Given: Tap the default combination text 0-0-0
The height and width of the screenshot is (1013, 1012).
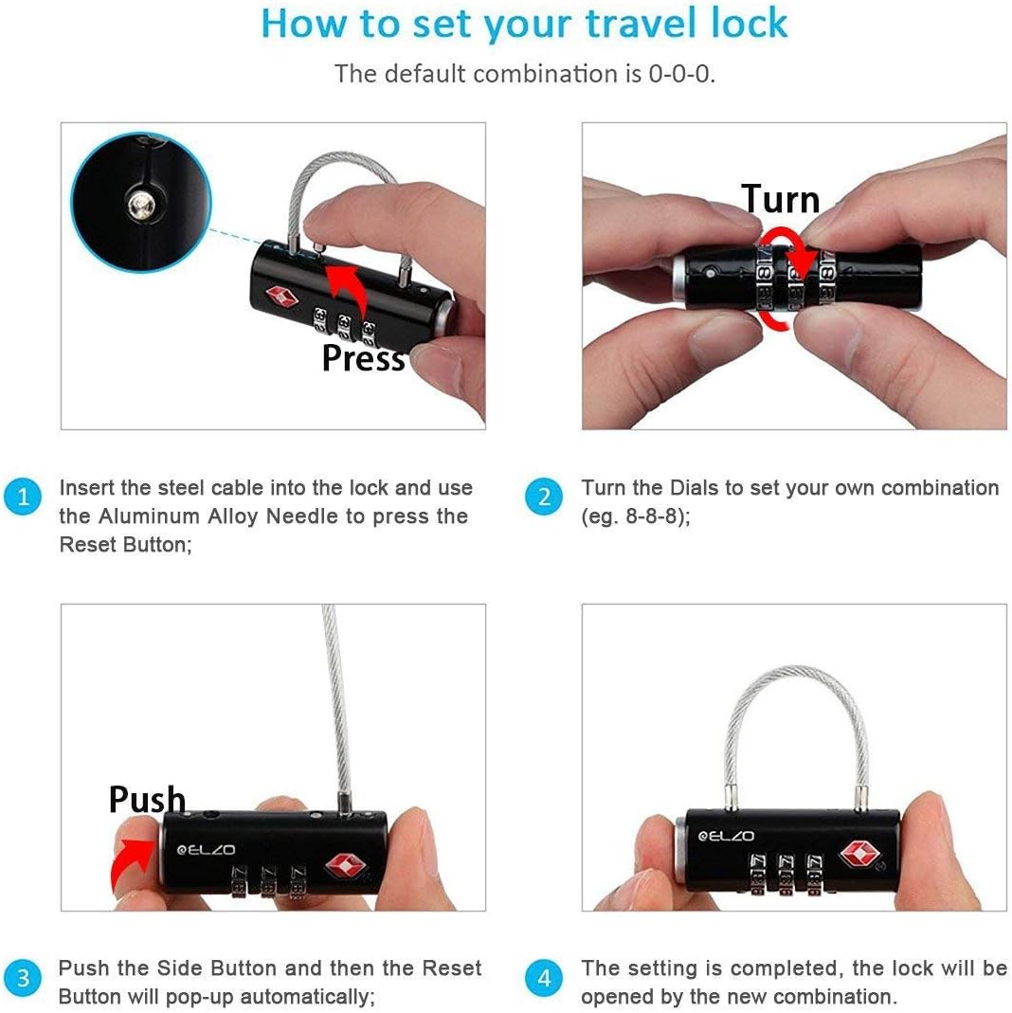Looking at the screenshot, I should (680, 74).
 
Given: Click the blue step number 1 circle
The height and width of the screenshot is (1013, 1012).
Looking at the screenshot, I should (23, 497).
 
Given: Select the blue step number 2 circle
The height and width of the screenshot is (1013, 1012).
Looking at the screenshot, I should (544, 497).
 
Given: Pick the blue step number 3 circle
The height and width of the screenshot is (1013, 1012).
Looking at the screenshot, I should (23, 977).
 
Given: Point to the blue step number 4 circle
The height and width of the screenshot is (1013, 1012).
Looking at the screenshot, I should (544, 977).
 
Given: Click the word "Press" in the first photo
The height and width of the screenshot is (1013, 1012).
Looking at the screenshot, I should (363, 358).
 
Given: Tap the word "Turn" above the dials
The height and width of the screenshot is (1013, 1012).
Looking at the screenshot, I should (780, 200).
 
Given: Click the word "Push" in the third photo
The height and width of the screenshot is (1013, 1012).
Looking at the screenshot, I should (147, 800).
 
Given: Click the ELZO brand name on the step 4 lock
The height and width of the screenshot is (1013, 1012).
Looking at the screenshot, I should (727, 836).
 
